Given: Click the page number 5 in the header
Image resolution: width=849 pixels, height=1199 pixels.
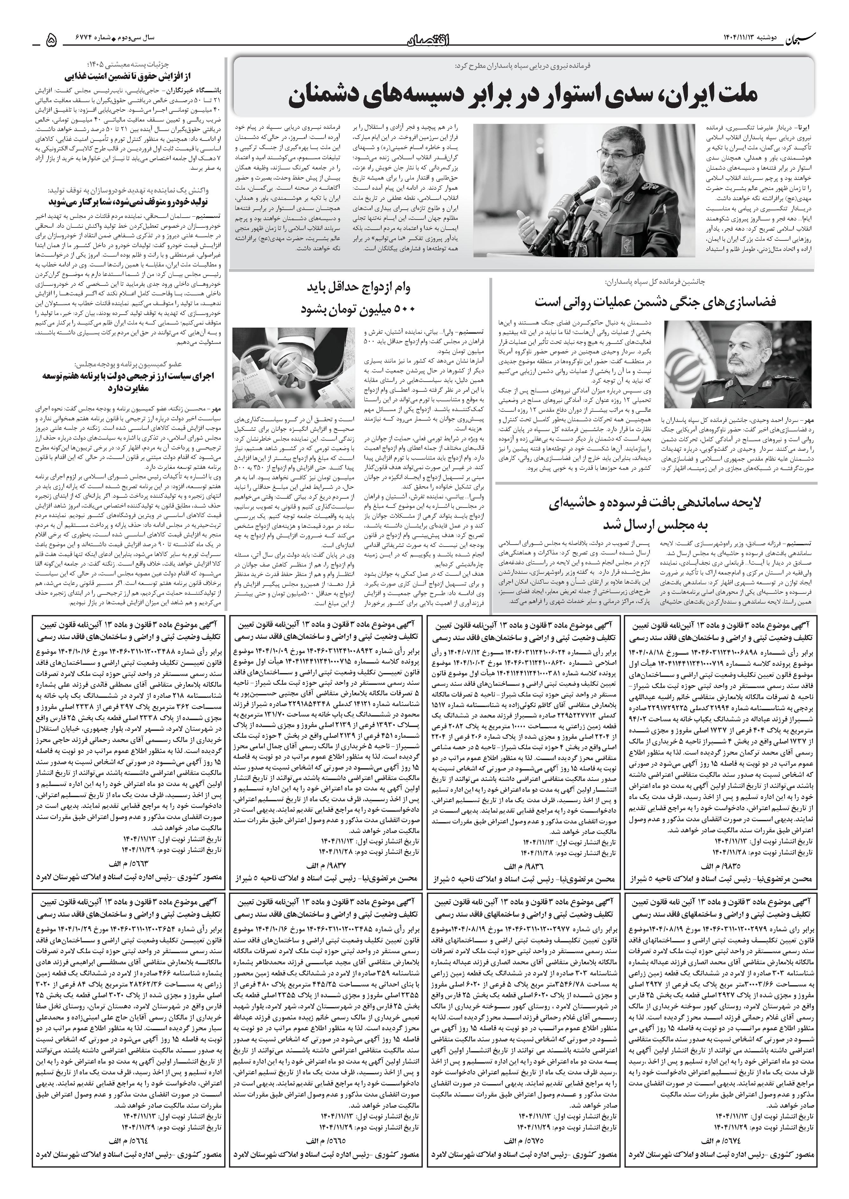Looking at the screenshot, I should [x=52, y=40].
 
